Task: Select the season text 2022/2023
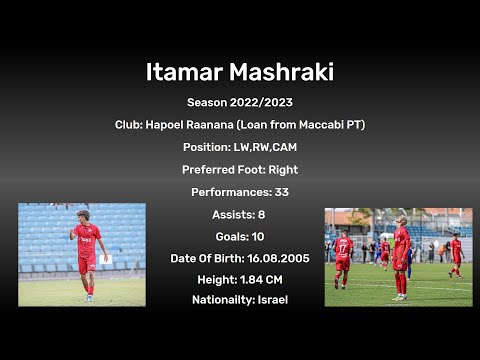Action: [x=261, y=102]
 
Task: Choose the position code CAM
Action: [x=283, y=147]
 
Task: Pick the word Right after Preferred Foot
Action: [x=282, y=170]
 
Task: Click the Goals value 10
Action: [x=257, y=236]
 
